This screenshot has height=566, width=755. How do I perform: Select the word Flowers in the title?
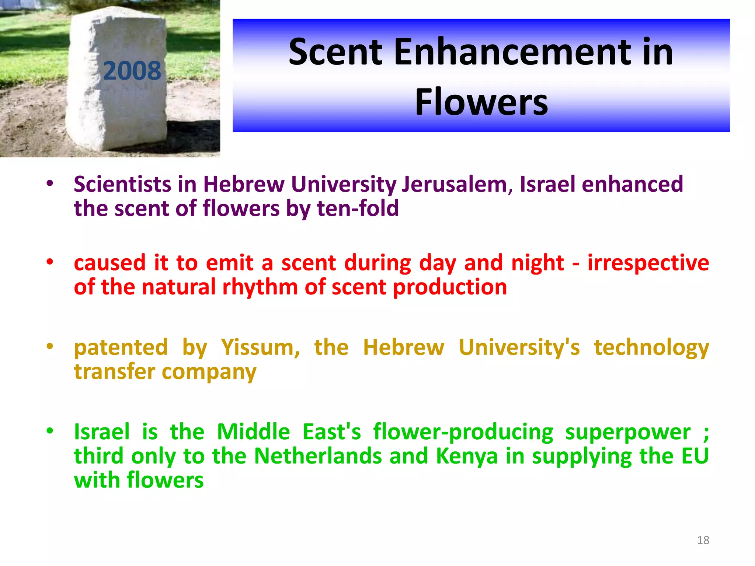point(481,102)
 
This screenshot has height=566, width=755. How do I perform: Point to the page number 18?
point(703,540)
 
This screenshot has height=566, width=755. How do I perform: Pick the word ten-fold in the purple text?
point(358,208)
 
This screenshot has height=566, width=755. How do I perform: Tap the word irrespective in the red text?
point(648,263)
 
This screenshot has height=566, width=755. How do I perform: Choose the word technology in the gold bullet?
point(651,347)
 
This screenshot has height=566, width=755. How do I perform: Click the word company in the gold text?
point(209,372)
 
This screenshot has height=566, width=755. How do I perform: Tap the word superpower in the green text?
point(628,432)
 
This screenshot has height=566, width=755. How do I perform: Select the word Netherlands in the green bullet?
point(318,456)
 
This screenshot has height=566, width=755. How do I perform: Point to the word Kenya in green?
point(467,456)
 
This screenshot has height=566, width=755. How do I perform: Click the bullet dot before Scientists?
point(50,183)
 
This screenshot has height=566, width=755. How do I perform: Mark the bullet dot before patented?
point(50,346)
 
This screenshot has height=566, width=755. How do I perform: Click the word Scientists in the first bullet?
point(122,184)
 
